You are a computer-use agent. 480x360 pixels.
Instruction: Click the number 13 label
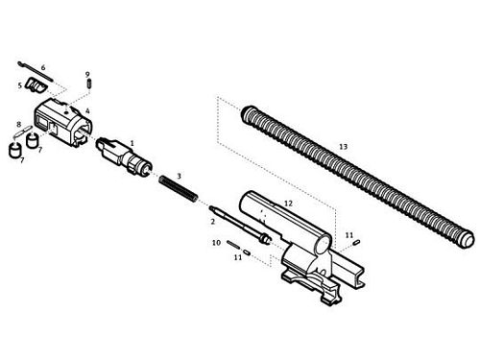pyautogui.click(x=343, y=147)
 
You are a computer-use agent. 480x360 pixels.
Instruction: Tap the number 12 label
pyautogui.click(x=288, y=204)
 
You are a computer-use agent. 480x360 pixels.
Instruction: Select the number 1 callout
pyautogui.click(x=132, y=143)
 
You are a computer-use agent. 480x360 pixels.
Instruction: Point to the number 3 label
pyautogui.click(x=179, y=176)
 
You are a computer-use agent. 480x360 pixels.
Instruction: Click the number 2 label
pyautogui.click(x=212, y=221)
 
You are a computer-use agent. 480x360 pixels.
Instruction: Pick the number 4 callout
pyautogui.click(x=87, y=111)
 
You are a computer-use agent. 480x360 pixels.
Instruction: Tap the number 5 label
pyautogui.click(x=20, y=85)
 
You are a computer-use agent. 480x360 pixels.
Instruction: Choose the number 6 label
pyautogui.click(x=43, y=67)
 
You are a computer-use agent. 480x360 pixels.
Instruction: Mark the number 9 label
pyautogui.click(x=87, y=74)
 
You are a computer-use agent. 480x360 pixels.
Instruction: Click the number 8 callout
pyautogui.click(x=18, y=124)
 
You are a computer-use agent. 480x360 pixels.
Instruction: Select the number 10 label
pyautogui.click(x=216, y=243)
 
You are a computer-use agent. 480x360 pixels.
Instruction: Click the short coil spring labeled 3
pyautogui.click(x=179, y=189)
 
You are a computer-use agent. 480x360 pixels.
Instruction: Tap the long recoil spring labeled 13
pyautogui.click(x=358, y=177)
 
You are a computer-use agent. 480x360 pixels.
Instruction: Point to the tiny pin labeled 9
pyautogui.click(x=89, y=84)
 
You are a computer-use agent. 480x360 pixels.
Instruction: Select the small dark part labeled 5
pyautogui.click(x=36, y=84)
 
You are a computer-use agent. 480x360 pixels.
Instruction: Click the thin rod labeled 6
pyautogui.click(x=36, y=70)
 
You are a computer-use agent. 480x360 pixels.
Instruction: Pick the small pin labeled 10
pyautogui.click(x=233, y=245)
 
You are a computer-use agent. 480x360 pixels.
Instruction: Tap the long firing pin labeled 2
pyautogui.click(x=241, y=225)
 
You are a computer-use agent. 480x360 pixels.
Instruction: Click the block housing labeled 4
pyautogui.click(x=63, y=123)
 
